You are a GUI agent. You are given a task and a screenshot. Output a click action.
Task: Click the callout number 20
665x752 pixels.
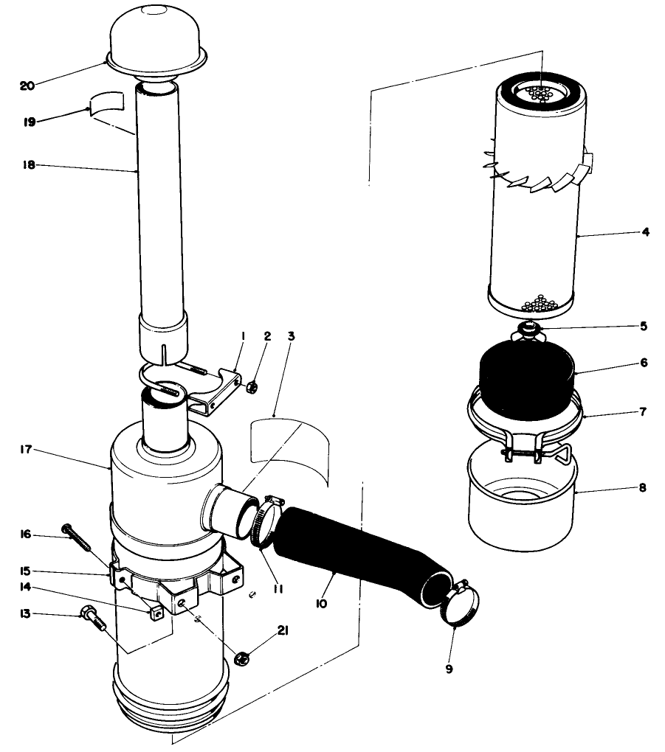click(27, 86)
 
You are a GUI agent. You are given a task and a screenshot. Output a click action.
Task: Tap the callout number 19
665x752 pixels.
click(29, 122)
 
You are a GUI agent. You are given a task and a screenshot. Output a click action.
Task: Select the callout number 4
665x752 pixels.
click(645, 231)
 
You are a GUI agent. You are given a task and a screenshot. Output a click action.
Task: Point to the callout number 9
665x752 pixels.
click(449, 669)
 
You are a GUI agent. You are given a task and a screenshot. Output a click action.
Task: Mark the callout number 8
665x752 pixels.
click(642, 487)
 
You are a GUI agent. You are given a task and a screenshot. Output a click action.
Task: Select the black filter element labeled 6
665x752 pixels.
click(527, 375)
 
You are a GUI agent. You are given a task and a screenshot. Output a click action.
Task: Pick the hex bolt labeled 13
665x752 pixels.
click(92, 620)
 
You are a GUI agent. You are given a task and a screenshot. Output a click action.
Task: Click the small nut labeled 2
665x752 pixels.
click(252, 386)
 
